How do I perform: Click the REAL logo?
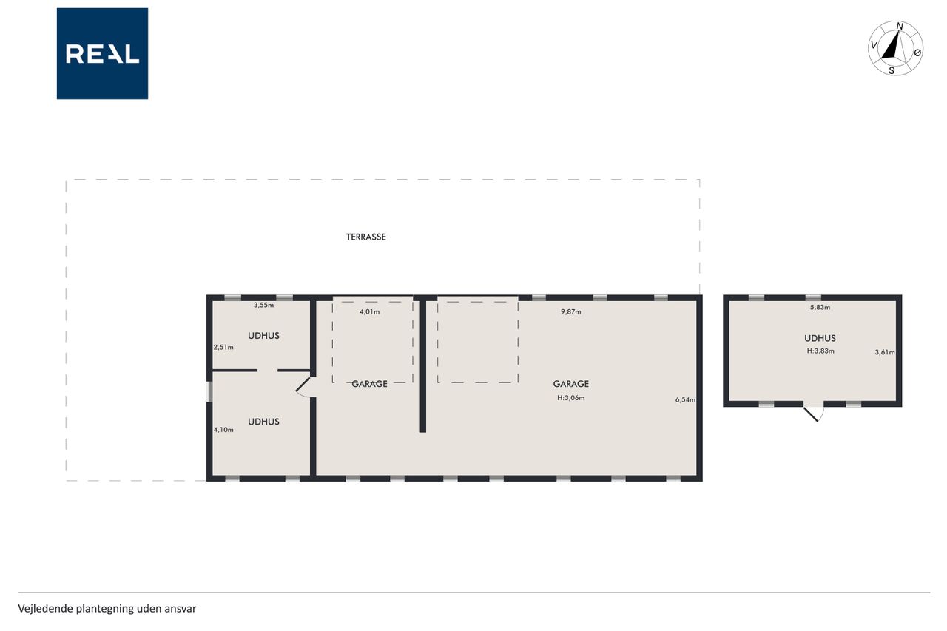pyautogui.click(x=102, y=54)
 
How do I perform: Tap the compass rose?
pyautogui.click(x=895, y=48)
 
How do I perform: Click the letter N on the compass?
pyautogui.click(x=900, y=27)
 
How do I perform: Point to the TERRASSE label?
pyautogui.click(x=366, y=237)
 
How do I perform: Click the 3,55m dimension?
pyautogui.click(x=264, y=306)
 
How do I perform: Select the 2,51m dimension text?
pyautogui.click(x=223, y=348)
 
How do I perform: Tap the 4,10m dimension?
pyautogui.click(x=223, y=430)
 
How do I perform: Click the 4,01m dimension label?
pyautogui.click(x=369, y=312)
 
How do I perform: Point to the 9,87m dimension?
pyautogui.click(x=571, y=312)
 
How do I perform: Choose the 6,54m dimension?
pyautogui.click(x=685, y=399)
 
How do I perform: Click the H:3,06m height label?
pyautogui.click(x=571, y=398)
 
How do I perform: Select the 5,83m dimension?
pyautogui.click(x=820, y=307)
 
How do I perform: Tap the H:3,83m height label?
pyautogui.click(x=820, y=351)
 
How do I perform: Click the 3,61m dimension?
pyautogui.click(x=885, y=352)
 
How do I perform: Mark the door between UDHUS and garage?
pyautogui.click(x=305, y=387)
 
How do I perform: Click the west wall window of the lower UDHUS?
pyautogui.click(x=209, y=392)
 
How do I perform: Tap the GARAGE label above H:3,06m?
pyautogui.click(x=571, y=384)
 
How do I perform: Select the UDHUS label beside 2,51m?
pyautogui.click(x=264, y=336)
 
